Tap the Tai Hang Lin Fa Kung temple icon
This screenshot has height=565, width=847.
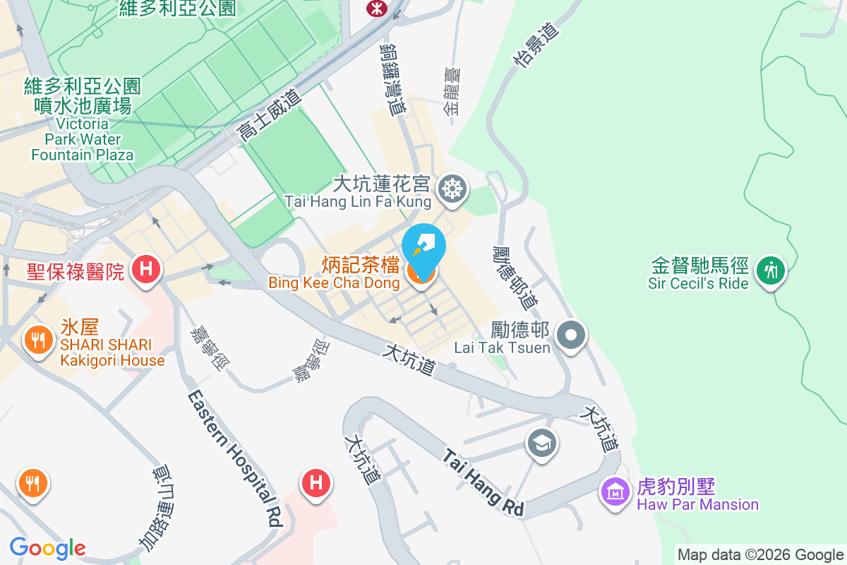tap(450, 189)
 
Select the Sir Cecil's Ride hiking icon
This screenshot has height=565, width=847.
tap(770, 270)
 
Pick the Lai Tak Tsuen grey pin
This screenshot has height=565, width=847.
tap(570, 334)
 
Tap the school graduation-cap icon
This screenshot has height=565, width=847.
tap(541, 444)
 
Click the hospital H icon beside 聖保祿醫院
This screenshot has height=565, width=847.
tap(146, 269)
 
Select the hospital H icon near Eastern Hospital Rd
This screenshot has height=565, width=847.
tap(316, 484)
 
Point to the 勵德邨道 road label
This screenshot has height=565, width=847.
tap(515, 277)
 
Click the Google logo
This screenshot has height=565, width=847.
tap(47, 548)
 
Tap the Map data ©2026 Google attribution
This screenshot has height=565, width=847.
tap(760, 554)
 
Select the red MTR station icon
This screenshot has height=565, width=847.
tap(373, 7)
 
